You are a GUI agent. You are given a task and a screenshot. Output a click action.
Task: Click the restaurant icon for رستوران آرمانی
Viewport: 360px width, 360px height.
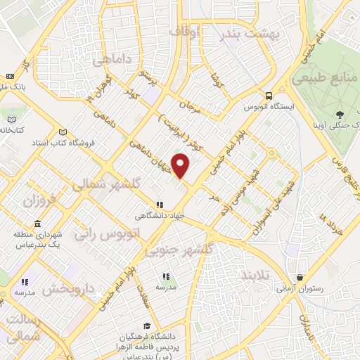click(x=300, y=278)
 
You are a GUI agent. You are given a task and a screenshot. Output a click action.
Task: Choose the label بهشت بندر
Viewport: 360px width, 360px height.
click(x=250, y=33)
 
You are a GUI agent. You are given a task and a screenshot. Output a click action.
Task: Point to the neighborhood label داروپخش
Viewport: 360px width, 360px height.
click(x=69, y=289)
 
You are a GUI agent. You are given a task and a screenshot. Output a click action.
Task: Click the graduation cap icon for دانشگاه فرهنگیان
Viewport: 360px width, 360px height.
click(x=146, y=326)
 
